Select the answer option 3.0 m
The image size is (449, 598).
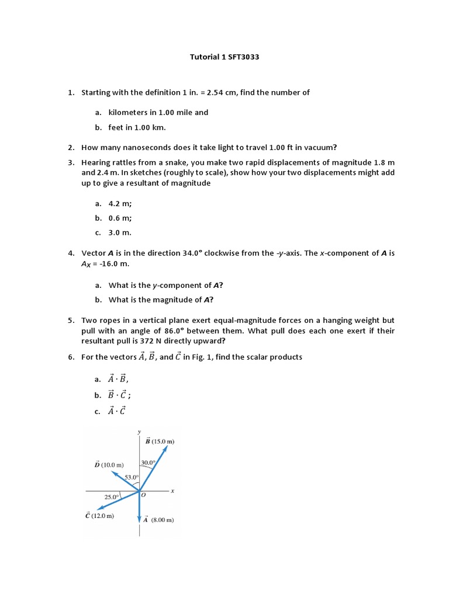(120, 232)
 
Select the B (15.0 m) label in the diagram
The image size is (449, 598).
(160, 441)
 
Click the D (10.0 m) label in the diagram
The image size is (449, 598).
(109, 465)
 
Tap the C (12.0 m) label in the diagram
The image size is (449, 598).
(99, 516)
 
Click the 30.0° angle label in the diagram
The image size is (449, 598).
(147, 463)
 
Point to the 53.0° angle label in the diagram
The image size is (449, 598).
(132, 477)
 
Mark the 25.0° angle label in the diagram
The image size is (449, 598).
(112, 497)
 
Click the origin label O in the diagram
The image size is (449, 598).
(143, 496)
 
